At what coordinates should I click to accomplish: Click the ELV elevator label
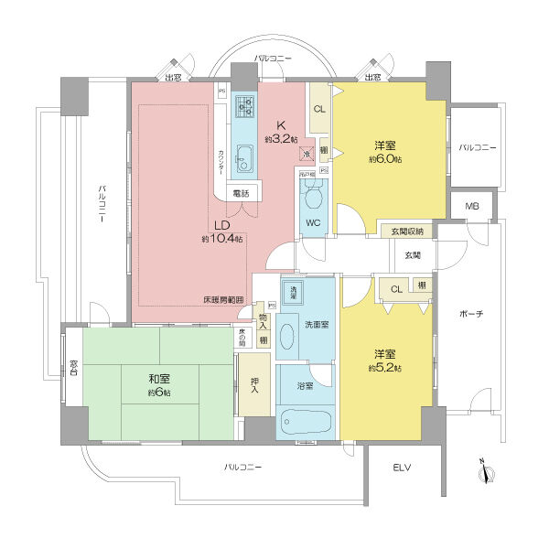[403, 468]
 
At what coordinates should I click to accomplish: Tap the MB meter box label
[471, 206]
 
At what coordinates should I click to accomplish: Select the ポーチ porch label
[472, 314]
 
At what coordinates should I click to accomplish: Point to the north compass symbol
[488, 472]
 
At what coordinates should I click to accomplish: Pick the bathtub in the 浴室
[307, 423]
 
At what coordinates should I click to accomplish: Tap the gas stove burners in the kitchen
[244, 107]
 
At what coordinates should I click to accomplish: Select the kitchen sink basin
[244, 161]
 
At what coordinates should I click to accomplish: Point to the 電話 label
[241, 193]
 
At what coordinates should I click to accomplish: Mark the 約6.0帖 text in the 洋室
[384, 159]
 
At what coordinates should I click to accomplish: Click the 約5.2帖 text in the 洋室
[385, 367]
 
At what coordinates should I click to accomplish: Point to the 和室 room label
[159, 378]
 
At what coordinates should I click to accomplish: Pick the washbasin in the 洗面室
[285, 334]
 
